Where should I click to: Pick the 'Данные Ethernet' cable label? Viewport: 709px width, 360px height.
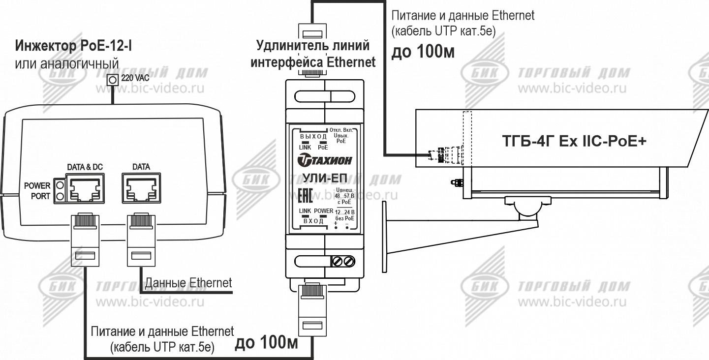point(188,283)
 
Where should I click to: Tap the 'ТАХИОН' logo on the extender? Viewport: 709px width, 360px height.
point(322,161)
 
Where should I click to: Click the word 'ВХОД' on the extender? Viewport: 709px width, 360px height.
point(313,221)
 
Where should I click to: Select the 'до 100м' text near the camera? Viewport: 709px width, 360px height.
point(423,53)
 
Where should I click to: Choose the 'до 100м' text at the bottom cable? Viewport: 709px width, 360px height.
point(266,343)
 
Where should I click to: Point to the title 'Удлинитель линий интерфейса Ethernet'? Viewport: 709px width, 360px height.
point(313,54)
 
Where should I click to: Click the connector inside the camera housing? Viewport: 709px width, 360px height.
point(437,155)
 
